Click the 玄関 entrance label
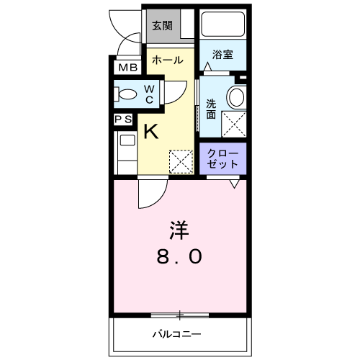tap(161, 25)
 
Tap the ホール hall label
tap(166, 60)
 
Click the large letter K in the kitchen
tap(151, 132)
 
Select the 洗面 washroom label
tap(211, 107)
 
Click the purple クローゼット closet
tap(222, 158)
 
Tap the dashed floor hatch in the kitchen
tap(181, 161)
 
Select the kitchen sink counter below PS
tap(125, 151)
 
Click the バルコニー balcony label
tap(176, 333)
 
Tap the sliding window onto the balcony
tap(180, 315)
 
